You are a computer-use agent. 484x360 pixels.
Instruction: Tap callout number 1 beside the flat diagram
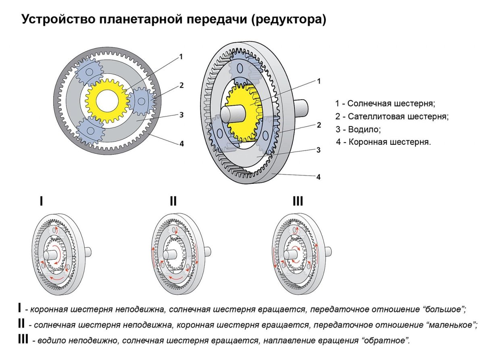pos(181,57)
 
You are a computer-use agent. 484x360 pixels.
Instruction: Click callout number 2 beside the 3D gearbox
pos(319,125)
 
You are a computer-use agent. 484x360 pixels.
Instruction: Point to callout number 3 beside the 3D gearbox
pos(318,150)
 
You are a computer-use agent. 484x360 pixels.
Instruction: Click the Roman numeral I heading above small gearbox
pos(41,201)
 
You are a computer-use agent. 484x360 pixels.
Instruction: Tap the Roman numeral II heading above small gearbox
pos(173,201)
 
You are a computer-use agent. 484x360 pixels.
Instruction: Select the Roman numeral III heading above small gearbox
pos(298,201)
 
